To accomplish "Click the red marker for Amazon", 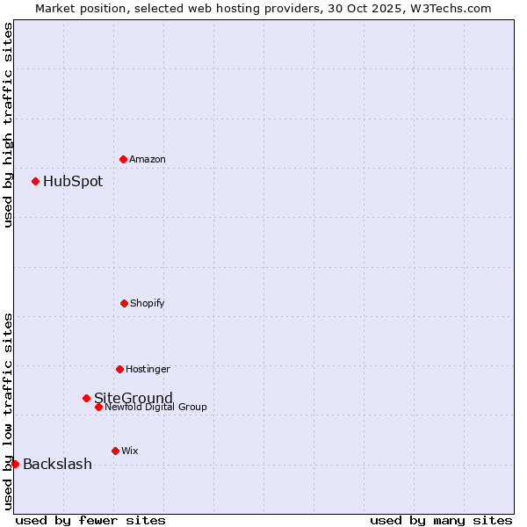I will (x=123, y=159).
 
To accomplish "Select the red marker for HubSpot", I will (x=35, y=181).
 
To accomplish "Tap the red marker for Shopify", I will (x=124, y=303).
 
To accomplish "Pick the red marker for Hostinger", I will (x=119, y=369).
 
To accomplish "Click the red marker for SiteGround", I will (x=86, y=398).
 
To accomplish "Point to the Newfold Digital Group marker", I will (x=98, y=407).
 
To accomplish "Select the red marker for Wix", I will (x=115, y=451).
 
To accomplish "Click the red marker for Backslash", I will (x=15, y=464).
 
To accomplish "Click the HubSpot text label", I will (x=73, y=182).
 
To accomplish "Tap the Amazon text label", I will (x=148, y=160).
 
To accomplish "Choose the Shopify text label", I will (x=148, y=304).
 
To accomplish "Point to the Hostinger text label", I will (x=148, y=370).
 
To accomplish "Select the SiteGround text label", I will (x=134, y=398).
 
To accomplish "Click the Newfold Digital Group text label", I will (x=155, y=408).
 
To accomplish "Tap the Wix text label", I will (x=130, y=451).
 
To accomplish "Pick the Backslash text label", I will (x=57, y=465).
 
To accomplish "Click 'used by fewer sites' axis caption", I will (x=90, y=520).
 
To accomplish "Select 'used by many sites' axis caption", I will (x=441, y=520).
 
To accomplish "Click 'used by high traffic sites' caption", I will (x=8, y=125).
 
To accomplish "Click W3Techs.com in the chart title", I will (x=453, y=8).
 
